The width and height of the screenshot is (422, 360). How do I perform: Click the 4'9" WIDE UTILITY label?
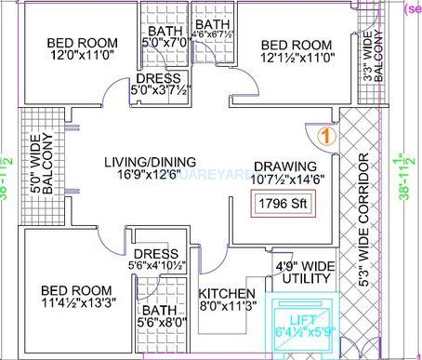pyautogui.click(x=305, y=272)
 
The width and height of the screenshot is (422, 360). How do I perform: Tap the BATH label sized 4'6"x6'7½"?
pyautogui.click(x=213, y=24)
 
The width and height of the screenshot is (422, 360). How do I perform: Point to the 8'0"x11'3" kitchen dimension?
pyautogui.click(x=223, y=303)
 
